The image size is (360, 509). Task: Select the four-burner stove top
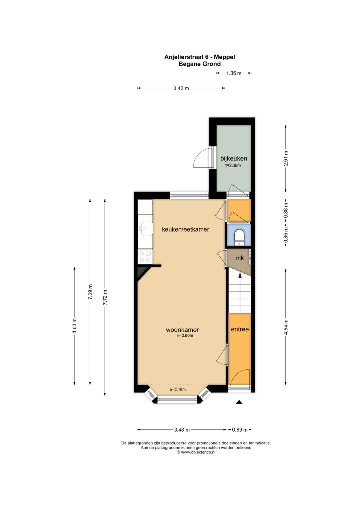click(145, 256)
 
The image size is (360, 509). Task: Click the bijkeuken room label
click(234, 158)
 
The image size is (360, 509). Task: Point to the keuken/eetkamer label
click(185, 230)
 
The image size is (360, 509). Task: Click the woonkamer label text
click(182, 330)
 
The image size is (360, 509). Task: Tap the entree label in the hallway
click(240, 329)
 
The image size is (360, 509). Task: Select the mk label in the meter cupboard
click(240, 258)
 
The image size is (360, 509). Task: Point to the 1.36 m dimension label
click(234, 73)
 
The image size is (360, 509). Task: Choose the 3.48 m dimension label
click(182, 430)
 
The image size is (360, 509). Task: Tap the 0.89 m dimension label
click(240, 430)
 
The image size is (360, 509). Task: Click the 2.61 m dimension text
click(286, 158)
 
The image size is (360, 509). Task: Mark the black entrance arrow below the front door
click(239, 402)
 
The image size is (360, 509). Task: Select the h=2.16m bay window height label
click(178, 389)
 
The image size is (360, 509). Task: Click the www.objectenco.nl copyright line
click(196, 452)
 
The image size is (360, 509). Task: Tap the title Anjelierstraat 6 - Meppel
click(200, 57)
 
